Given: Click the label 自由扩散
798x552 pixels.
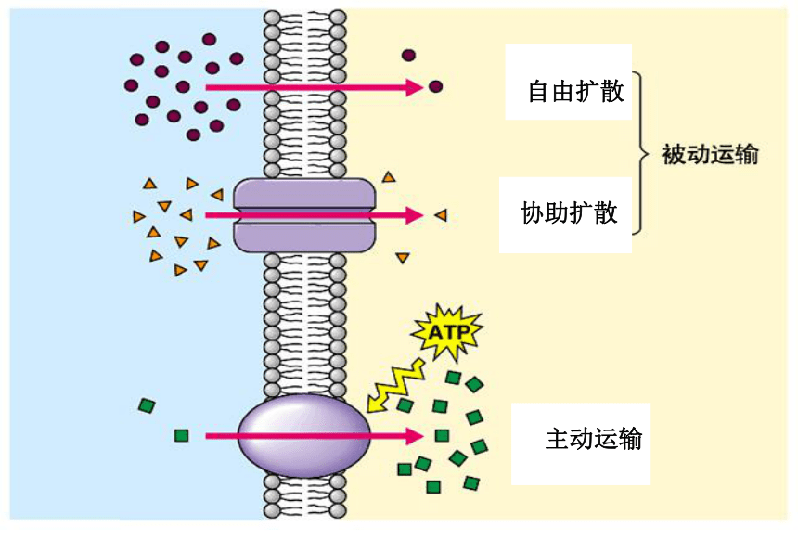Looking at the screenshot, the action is (x=575, y=92).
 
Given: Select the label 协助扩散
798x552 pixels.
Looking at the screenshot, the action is (x=569, y=212).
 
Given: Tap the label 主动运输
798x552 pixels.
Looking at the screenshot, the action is (x=594, y=439).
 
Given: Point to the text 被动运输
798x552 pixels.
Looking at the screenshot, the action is (x=710, y=154).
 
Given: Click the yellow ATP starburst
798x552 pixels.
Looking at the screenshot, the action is (x=447, y=333).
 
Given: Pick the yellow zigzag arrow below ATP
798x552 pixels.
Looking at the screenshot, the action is (x=395, y=385).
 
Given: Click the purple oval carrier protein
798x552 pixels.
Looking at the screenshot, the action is (x=304, y=436).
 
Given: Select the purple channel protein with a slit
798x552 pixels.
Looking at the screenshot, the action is (x=304, y=215).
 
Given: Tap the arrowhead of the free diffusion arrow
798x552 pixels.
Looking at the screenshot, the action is (x=414, y=87).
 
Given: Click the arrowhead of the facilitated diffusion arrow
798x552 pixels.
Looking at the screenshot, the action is (x=414, y=215).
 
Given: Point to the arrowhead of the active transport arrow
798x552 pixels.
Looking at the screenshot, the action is (x=414, y=436).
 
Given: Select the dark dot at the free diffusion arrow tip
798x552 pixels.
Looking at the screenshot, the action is (x=435, y=86).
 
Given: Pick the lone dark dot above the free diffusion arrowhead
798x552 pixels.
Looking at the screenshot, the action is (x=408, y=55).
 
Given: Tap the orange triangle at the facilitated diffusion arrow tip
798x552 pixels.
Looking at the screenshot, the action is (x=441, y=215).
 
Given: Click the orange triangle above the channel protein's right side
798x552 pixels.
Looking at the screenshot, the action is (x=389, y=177).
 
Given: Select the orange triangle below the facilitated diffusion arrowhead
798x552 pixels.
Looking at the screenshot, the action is (x=403, y=258).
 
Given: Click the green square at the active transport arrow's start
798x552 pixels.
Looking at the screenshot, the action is (x=181, y=435).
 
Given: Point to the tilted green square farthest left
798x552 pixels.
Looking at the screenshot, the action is (x=148, y=405).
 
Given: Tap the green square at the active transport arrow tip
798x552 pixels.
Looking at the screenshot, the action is (x=442, y=435).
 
